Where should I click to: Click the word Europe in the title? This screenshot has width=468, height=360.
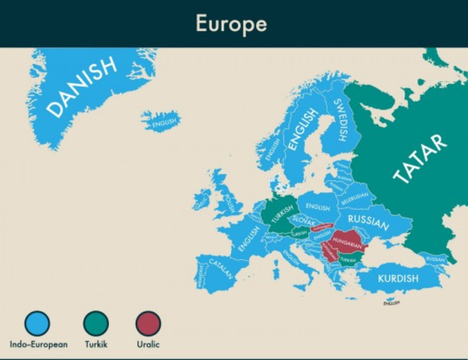coord(231,23)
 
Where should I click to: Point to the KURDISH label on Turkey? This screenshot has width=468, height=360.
coord(398,278)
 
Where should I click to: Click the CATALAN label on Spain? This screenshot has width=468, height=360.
coord(221,269)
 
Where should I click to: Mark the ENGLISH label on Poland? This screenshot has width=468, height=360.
coord(318,207)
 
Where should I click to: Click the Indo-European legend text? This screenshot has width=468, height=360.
coord(39,344)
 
